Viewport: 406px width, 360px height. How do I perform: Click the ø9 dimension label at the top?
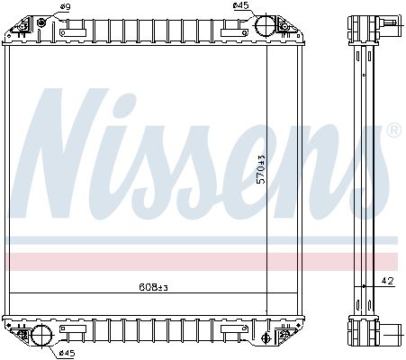[64, 7]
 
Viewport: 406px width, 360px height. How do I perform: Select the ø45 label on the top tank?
[241, 7]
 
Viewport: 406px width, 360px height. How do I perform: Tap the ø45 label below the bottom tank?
[65, 353]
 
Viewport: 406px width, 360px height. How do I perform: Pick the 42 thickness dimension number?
[387, 282]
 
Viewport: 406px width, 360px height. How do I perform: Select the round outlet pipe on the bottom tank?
[41, 337]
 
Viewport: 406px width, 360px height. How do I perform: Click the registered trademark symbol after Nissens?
[392, 131]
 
